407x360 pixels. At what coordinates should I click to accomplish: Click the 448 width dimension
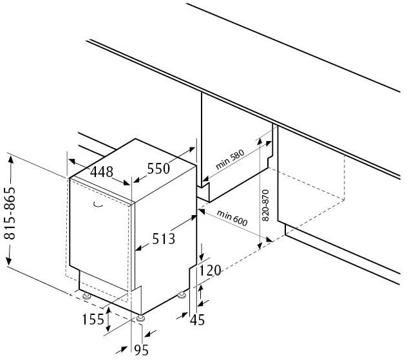click(x=102, y=171)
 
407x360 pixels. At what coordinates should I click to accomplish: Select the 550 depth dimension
click(x=158, y=169)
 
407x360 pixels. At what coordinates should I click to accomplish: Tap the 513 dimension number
click(x=164, y=239)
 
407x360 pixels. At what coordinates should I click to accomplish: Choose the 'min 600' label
click(x=232, y=218)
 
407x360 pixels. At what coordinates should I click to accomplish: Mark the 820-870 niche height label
click(x=265, y=205)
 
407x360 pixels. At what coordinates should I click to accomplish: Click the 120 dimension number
click(x=210, y=270)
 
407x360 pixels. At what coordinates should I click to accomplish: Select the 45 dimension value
click(x=197, y=320)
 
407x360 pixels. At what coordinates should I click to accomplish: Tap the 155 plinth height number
click(x=93, y=319)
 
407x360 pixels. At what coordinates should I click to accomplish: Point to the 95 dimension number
click(x=141, y=350)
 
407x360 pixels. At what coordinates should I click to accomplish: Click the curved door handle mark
click(x=98, y=205)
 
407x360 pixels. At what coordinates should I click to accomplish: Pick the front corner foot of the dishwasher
click(x=140, y=318)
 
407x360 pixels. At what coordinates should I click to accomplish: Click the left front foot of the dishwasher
click(x=86, y=296)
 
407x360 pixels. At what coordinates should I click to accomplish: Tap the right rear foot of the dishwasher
click(x=182, y=295)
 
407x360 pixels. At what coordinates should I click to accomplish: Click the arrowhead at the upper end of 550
click(x=191, y=149)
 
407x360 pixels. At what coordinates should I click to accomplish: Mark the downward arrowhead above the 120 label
click(x=202, y=256)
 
